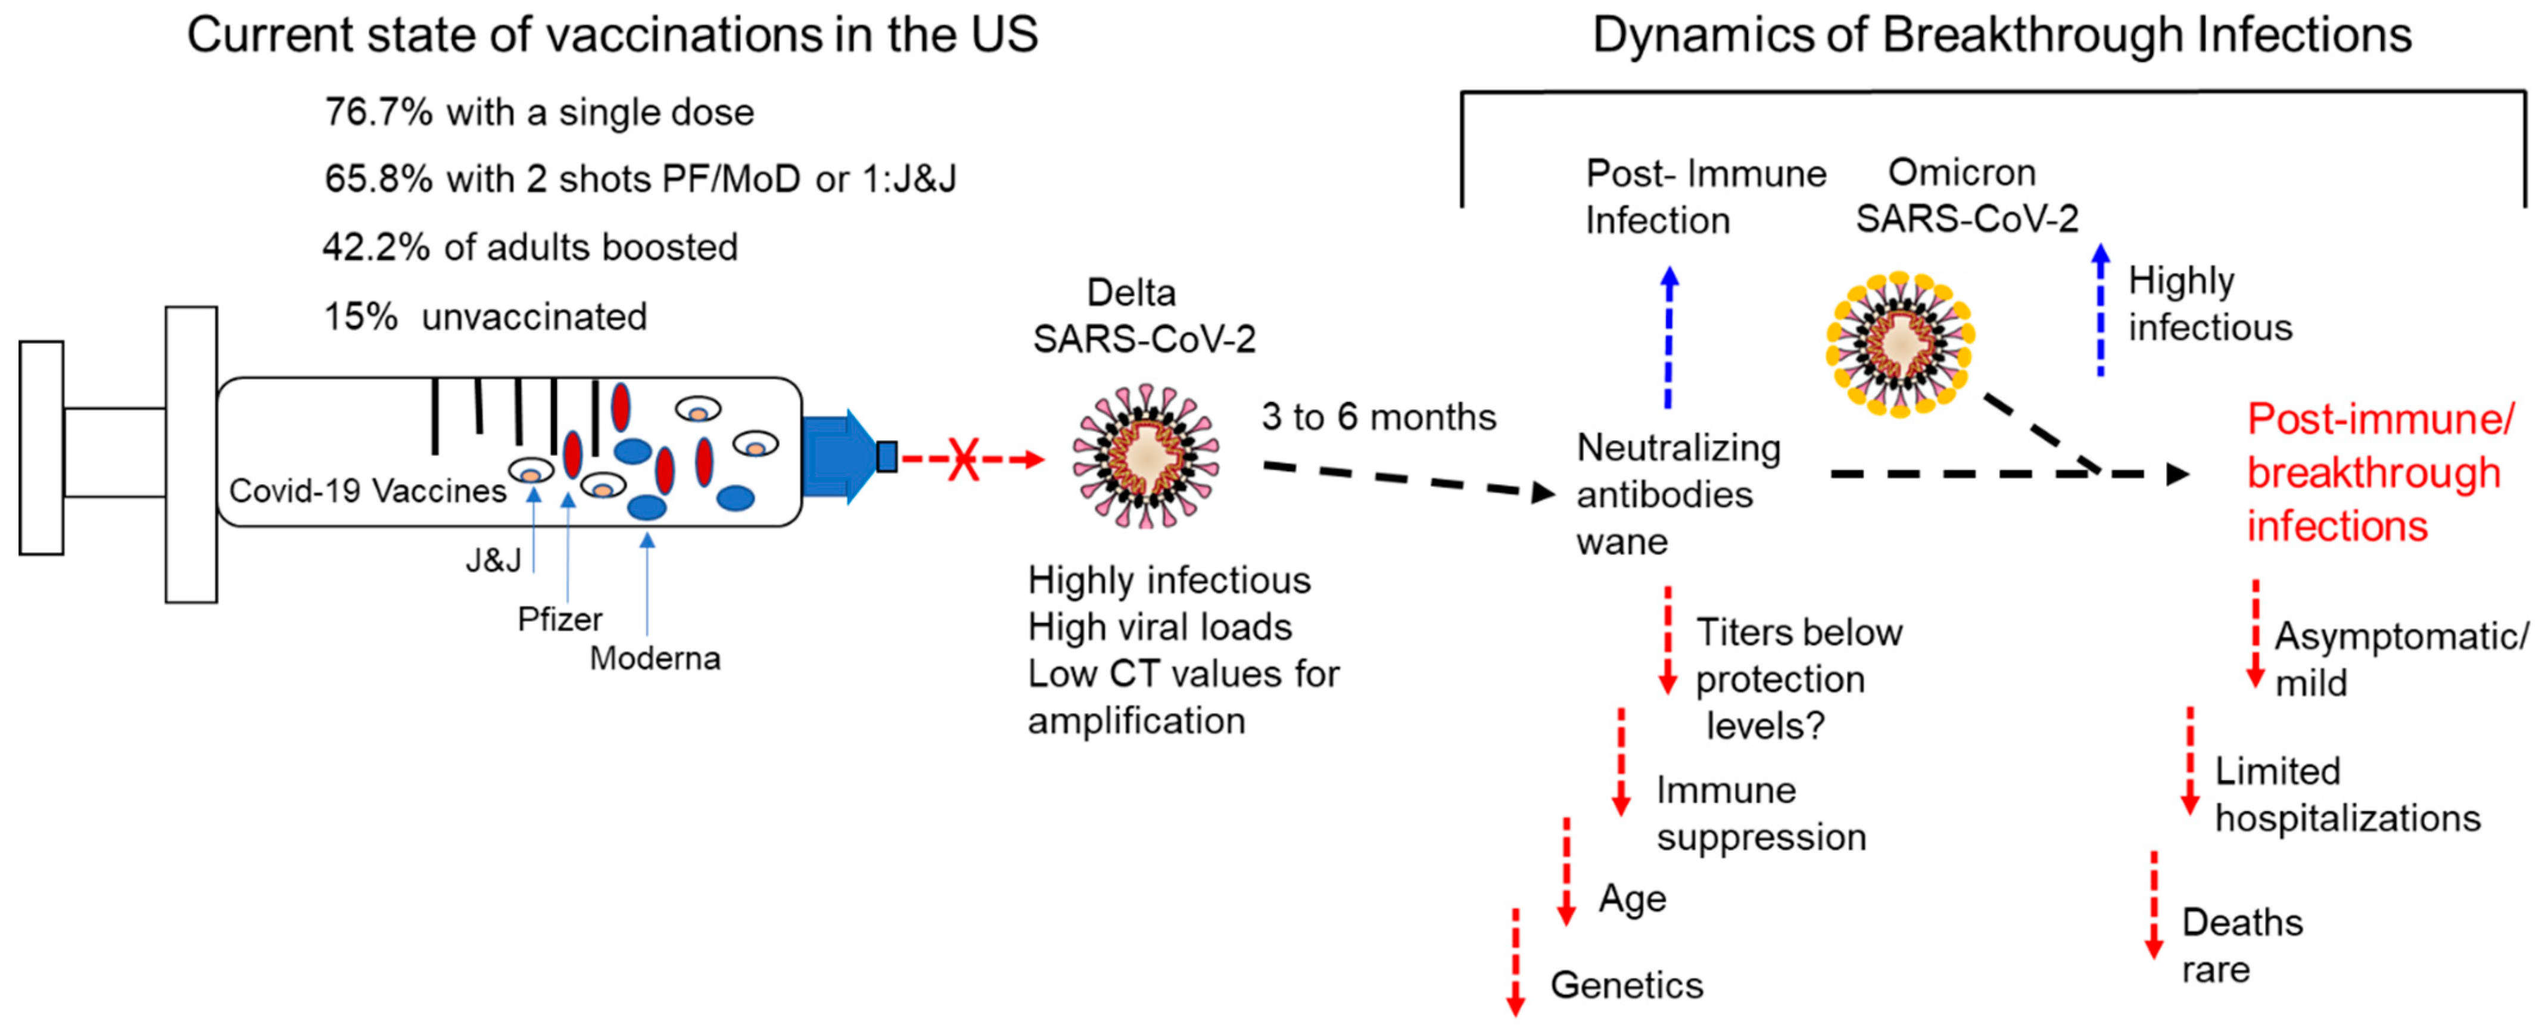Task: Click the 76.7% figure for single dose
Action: tap(378, 113)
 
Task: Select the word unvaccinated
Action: tap(534, 317)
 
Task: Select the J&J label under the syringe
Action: tap(493, 561)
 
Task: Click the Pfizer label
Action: tap(560, 619)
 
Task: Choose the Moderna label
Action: tap(655, 659)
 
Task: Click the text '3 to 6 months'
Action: tap(1378, 418)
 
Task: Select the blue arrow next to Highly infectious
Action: tap(2101, 310)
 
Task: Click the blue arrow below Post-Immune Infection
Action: tap(1669, 337)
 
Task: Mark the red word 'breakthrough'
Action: tap(2374, 474)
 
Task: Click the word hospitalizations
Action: tap(2348, 819)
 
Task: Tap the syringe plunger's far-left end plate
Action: tap(42, 448)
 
